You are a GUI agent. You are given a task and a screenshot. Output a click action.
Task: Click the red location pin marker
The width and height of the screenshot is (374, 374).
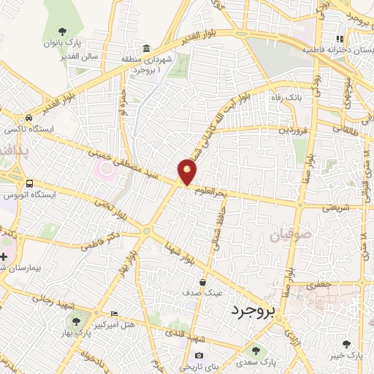[x=188, y=172]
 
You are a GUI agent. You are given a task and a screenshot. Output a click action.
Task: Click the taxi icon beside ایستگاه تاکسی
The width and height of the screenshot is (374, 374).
[x=28, y=118]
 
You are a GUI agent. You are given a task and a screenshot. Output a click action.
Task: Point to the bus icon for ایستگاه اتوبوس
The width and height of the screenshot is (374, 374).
[x=28, y=183]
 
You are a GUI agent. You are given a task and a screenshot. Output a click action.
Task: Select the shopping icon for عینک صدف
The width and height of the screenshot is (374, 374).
[x=203, y=282]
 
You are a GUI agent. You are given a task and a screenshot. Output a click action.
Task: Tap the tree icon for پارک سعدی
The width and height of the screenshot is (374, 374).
[x=255, y=351]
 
